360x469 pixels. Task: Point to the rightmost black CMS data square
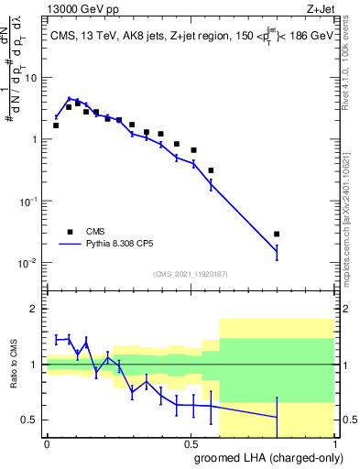pos(277,234)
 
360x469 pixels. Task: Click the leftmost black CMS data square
pos(56,125)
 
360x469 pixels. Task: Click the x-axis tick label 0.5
pos(191,443)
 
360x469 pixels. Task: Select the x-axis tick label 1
pos(333,443)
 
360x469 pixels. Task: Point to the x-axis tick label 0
pos(47,443)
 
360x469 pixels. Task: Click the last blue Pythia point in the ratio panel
pos(277,418)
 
